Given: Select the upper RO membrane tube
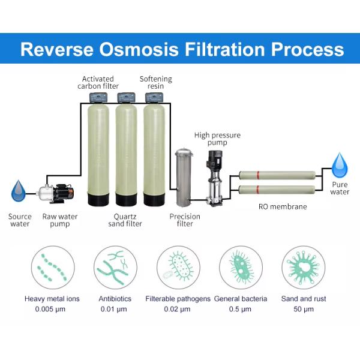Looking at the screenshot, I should (277, 176).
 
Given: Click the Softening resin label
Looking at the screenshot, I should (155, 82).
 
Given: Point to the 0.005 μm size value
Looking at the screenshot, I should (52, 309).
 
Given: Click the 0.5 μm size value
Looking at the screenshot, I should (241, 309).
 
